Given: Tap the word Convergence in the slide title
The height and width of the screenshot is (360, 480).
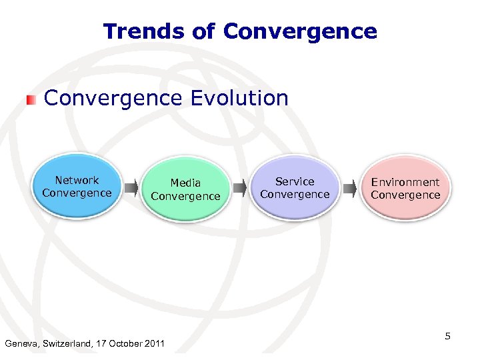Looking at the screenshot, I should [x=300, y=31].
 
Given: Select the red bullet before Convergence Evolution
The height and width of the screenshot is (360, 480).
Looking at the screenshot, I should [x=30, y=100].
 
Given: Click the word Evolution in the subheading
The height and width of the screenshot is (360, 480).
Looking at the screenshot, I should [x=239, y=99].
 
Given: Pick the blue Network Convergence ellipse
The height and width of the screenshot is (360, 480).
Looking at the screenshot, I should [x=77, y=187].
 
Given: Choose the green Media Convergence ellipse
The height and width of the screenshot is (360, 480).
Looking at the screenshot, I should [x=185, y=190].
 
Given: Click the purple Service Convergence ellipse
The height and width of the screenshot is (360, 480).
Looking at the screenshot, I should [x=295, y=189].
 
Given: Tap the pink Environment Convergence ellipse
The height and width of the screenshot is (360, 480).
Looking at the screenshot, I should [x=405, y=189].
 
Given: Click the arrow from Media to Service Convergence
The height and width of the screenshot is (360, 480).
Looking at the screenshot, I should [x=240, y=190].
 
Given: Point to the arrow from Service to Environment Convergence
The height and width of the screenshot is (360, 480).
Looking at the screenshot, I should [x=349, y=190].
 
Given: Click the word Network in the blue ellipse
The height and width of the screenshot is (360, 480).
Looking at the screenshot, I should [x=77, y=180].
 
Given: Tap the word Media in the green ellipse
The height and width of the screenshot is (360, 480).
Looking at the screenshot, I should [x=185, y=183].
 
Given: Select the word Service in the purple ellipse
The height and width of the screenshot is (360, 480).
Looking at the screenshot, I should [x=295, y=181].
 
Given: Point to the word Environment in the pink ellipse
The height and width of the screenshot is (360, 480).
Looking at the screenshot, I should [x=405, y=182].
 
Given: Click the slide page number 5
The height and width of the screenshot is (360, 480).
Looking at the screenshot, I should [x=448, y=336].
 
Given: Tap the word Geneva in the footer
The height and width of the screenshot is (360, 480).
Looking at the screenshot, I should [x=22, y=344].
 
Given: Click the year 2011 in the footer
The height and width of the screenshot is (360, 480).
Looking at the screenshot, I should [x=153, y=344].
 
